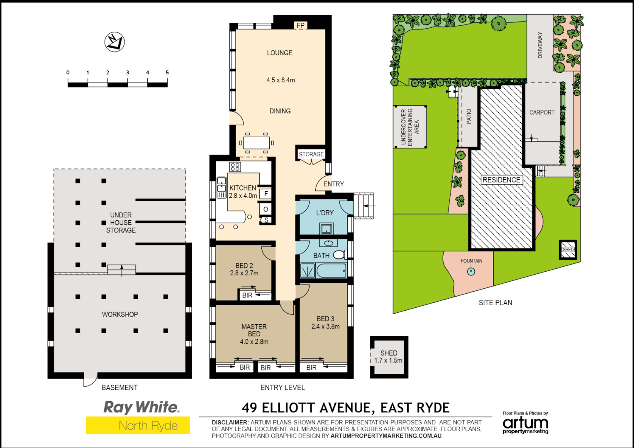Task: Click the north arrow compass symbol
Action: [115, 42]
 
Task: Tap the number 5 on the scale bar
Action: [167, 73]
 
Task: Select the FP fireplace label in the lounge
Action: [300, 25]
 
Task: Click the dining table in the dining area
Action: [256, 143]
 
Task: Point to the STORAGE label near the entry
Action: [311, 154]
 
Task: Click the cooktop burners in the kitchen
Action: [235, 167]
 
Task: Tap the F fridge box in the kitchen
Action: [266, 194]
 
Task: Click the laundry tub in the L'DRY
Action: [326, 228]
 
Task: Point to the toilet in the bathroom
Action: [339, 254]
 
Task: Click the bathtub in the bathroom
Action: [332, 271]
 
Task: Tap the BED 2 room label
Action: [244, 265]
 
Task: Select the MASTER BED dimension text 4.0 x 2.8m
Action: [254, 342]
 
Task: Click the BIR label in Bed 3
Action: [312, 368]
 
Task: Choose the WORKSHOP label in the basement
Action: [120, 314]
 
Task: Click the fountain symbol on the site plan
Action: [471, 271]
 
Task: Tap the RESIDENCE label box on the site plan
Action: [501, 180]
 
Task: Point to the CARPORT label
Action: [541, 112]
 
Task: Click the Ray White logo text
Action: [141, 407]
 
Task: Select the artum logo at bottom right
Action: [525, 424]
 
